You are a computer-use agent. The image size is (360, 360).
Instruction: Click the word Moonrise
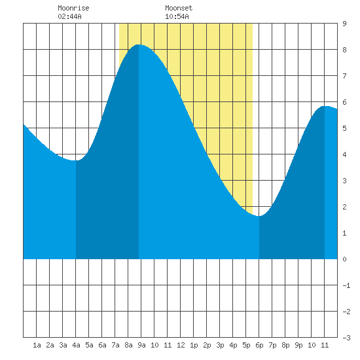73,8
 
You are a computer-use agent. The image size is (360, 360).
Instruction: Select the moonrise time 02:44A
69,16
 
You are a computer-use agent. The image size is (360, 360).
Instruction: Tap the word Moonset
179,8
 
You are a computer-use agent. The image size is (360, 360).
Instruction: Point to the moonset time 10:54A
177,16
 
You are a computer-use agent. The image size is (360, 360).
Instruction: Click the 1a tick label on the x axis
37,345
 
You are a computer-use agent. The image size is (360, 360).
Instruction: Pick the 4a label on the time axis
76,345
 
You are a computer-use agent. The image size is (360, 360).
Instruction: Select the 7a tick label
115,345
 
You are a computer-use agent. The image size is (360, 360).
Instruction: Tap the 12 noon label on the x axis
181,345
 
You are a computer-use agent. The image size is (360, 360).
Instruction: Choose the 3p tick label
220,345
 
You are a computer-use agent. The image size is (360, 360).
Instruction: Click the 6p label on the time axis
259,345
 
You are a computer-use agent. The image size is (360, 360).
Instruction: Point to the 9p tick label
298,345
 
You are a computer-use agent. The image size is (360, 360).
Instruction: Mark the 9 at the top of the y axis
344,24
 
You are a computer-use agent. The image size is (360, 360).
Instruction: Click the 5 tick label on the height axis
344,128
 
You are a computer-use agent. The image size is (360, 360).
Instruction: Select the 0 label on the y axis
344,259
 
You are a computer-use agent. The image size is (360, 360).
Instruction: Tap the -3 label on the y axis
346,338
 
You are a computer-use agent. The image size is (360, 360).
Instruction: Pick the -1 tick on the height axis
346,285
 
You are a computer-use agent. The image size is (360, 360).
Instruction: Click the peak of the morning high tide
139,45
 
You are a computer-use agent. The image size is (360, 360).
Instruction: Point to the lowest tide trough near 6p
259,216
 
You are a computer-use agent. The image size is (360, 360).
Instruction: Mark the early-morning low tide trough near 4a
76,160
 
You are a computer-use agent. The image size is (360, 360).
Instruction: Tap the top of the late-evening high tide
325,106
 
